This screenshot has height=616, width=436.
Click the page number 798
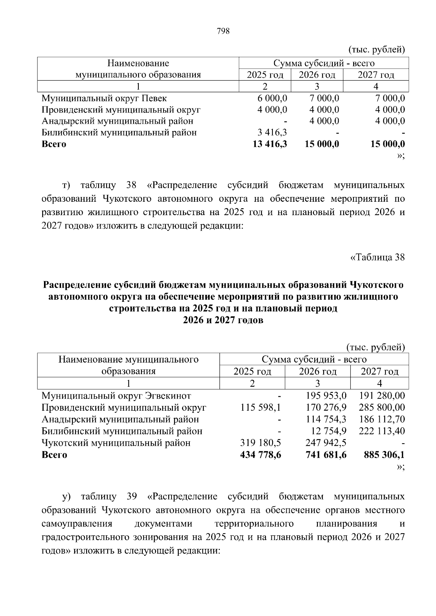pos(223,31)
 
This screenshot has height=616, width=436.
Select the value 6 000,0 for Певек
pos(272,98)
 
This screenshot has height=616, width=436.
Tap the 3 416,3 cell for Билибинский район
pos(273,132)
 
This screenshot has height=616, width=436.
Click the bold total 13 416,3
pos(270,144)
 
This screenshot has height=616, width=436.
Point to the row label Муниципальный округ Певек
pos(104,98)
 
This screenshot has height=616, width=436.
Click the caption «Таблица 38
pos(377,257)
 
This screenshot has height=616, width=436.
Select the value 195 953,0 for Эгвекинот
pos(326,396)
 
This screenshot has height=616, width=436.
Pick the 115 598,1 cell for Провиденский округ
pos(261,407)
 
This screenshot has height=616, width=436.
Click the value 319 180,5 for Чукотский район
pos(261,443)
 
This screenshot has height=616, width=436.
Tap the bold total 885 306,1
pos(384,455)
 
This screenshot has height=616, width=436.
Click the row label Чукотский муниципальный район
pos(116,443)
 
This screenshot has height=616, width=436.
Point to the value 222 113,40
pos(382,431)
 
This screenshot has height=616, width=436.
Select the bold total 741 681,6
pos(326,455)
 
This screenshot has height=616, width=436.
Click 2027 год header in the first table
pos(376,75)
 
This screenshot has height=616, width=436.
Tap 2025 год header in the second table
pos(252,371)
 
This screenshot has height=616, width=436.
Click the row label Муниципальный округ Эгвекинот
pos(116,396)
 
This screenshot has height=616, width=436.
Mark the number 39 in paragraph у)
pos(132,496)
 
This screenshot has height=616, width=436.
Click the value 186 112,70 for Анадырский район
pos(382,419)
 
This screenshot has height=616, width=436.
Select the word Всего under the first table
pos(54,144)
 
